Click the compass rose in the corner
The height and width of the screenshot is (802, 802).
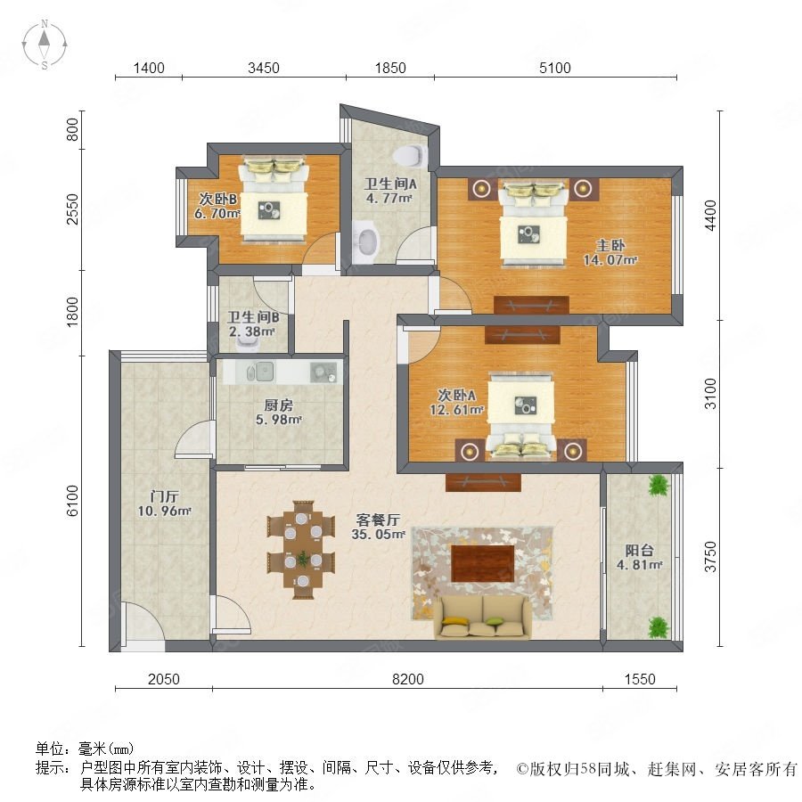click(x=45, y=45)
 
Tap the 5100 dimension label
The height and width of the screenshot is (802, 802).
click(x=555, y=68)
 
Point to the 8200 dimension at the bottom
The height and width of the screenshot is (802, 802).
click(x=407, y=679)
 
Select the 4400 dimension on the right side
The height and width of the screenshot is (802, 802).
click(x=710, y=216)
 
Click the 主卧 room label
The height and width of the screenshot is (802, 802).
click(x=610, y=246)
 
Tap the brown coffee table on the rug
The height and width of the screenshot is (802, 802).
click(x=482, y=564)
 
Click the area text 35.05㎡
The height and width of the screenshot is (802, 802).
click(x=379, y=535)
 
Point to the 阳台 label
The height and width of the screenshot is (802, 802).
click(x=639, y=551)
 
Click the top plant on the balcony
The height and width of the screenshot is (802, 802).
click(x=659, y=486)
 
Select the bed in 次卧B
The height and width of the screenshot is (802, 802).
click(x=274, y=200)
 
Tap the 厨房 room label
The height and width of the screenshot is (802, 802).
click(x=279, y=405)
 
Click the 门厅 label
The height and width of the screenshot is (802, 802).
click(x=165, y=496)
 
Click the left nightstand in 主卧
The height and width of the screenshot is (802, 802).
click(x=481, y=189)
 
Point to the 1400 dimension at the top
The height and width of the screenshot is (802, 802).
click(x=149, y=68)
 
